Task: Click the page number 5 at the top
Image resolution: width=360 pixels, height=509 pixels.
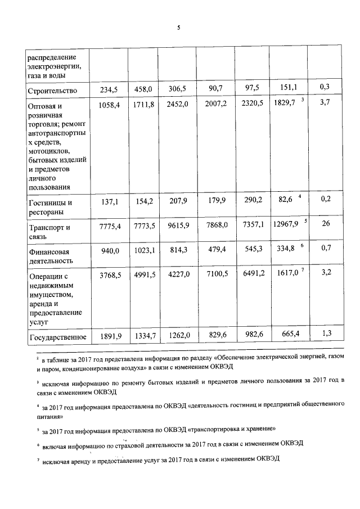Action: click(x=178, y=28)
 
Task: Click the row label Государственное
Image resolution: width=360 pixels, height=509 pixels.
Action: click(x=56, y=337)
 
